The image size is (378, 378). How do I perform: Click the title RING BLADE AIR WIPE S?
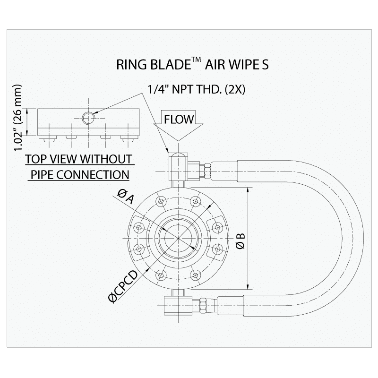point(192,65)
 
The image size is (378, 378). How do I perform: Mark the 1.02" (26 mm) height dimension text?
point(19,118)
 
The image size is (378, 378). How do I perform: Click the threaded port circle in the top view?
point(88,117)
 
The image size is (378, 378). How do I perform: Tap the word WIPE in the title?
point(240,65)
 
